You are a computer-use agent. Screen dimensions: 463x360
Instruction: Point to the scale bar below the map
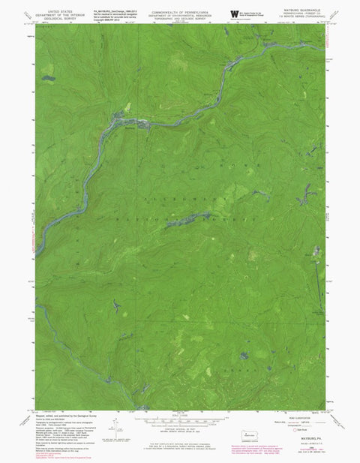pyautogui.click(x=178, y=419)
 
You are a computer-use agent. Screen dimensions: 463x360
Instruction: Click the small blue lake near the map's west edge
pyautogui.click(x=49, y=77)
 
